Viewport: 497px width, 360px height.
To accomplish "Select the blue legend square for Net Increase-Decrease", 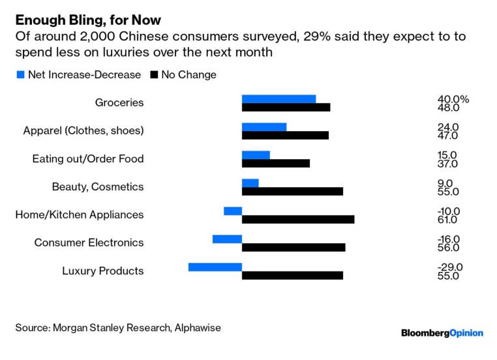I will point(20,75).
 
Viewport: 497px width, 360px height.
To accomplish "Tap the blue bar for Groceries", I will point(279,99).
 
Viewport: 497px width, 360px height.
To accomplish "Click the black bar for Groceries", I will point(286,108).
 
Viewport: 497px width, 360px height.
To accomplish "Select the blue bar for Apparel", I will point(264,127).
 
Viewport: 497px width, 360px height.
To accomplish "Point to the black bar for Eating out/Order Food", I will point(275,164).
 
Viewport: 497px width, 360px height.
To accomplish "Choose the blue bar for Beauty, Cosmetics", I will point(250,183).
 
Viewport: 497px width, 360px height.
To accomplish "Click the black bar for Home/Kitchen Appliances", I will point(298,220).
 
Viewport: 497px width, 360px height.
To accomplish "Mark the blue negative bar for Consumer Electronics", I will point(227,239).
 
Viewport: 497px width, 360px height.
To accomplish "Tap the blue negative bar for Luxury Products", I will point(215,267).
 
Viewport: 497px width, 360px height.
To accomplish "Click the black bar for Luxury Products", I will point(292,276).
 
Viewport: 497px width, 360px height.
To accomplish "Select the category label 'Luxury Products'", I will point(102,271).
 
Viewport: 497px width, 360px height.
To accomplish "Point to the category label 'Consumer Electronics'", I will point(89,243).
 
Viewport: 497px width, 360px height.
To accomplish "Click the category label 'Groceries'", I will point(119,103).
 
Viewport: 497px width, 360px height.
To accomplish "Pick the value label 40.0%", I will point(453,99).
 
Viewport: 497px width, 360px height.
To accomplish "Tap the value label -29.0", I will point(450,267).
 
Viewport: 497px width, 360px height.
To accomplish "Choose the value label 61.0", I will point(448,220).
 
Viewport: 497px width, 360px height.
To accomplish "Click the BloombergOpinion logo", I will point(442,333).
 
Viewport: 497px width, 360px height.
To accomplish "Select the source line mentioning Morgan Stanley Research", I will point(118,328).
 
